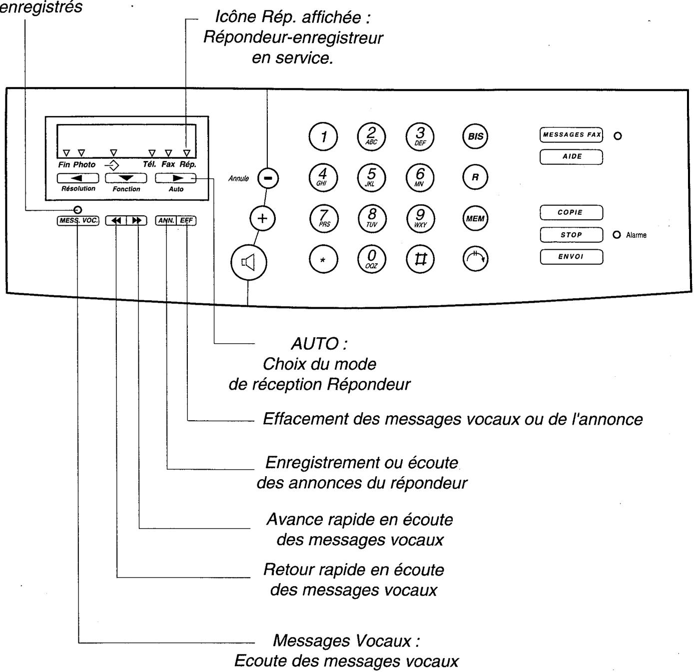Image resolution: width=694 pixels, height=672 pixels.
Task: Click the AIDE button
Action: point(571,157)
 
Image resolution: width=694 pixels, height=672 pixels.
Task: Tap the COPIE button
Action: point(571,212)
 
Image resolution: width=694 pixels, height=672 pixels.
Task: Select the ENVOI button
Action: point(571,257)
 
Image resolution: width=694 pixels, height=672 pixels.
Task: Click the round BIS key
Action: point(475,136)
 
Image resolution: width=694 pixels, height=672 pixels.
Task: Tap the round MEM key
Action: point(475,219)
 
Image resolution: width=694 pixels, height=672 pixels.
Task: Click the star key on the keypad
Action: point(323,260)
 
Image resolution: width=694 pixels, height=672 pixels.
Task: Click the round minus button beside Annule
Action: point(268,178)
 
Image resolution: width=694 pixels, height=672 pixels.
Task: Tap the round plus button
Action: point(262,218)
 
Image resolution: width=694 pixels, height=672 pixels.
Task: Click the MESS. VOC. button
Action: point(78,220)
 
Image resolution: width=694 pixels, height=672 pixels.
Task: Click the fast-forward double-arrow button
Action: point(137,220)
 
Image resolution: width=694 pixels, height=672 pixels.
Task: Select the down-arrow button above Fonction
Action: point(126,178)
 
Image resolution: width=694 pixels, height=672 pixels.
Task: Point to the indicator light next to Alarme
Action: point(618,235)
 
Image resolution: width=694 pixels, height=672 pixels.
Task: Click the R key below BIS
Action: point(475,177)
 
